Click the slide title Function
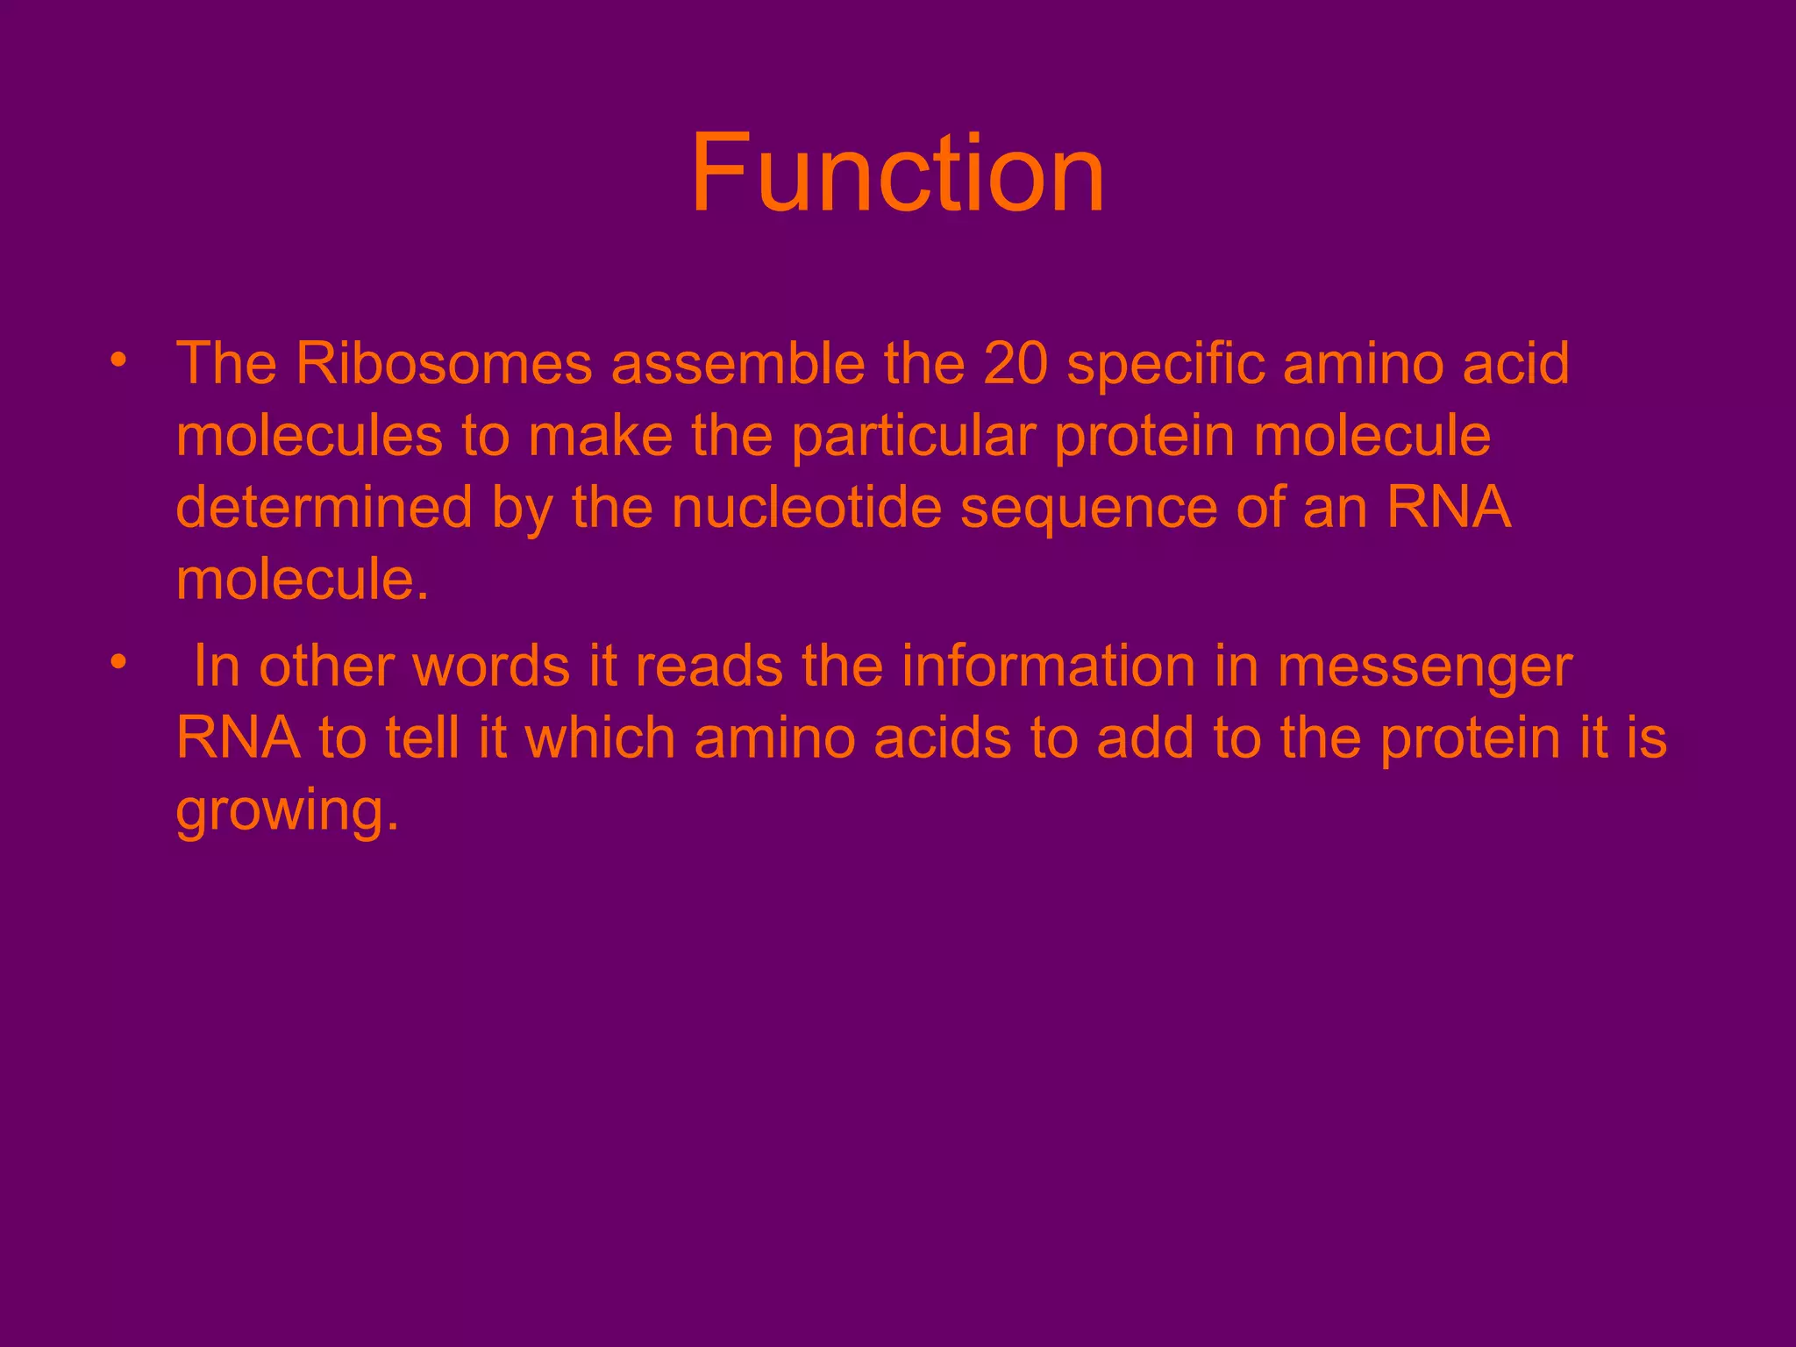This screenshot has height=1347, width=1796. coord(897,173)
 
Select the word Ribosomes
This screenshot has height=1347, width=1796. coord(444,363)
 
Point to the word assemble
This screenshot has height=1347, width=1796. coord(738,363)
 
